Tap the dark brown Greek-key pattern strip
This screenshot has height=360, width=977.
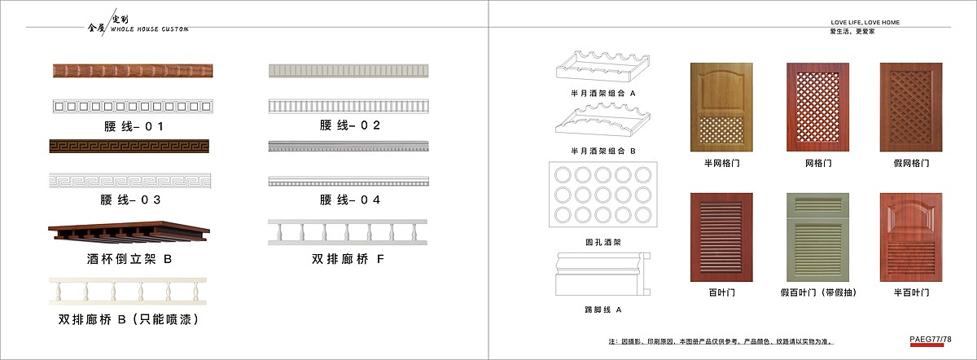pyautogui.click(x=129, y=146)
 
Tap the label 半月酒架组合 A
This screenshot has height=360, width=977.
pyautogui.click(x=602, y=94)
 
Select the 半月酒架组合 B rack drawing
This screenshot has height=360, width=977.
pyautogui.click(x=602, y=126)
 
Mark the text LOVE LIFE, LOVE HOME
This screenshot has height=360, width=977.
pyautogui.click(x=865, y=23)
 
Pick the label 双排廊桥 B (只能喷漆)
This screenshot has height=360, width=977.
pyautogui.click(x=129, y=319)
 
